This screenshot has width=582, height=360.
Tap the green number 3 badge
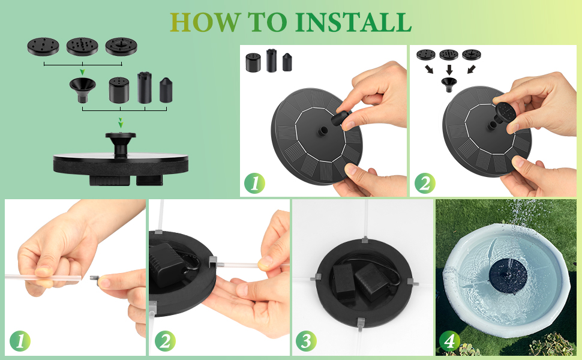[306, 341]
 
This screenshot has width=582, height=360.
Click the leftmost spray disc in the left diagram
[44, 45]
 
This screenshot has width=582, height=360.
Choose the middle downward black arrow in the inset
[448, 68]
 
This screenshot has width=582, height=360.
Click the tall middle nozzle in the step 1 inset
[271, 60]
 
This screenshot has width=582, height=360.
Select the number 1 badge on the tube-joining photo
[20, 341]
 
